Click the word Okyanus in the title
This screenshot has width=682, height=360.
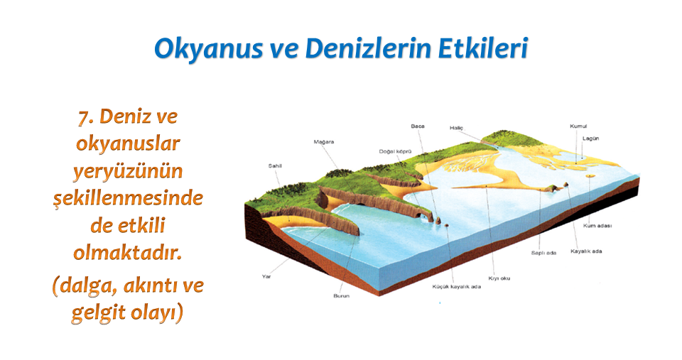[208, 49]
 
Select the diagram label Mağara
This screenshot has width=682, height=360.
[324, 142]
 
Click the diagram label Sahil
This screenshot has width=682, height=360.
[275, 165]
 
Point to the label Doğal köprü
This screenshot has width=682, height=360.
[395, 152]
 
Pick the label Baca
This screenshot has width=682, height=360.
[418, 126]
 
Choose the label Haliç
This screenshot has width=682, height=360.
[456, 129]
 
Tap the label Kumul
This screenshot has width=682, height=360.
[578, 126]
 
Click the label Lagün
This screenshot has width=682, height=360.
[590, 138]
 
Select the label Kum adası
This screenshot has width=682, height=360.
[597, 226]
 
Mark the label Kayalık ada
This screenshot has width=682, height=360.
[586, 251]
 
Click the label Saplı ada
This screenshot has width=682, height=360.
[543, 253]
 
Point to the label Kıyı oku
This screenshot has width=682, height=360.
[499, 278]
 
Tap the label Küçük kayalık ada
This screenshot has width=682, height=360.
[457, 287]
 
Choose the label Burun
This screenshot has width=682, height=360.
[342, 295]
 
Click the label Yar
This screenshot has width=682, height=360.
[266, 276]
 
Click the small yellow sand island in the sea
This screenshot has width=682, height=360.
[590, 175]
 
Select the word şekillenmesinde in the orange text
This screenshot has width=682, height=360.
[129, 198]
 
